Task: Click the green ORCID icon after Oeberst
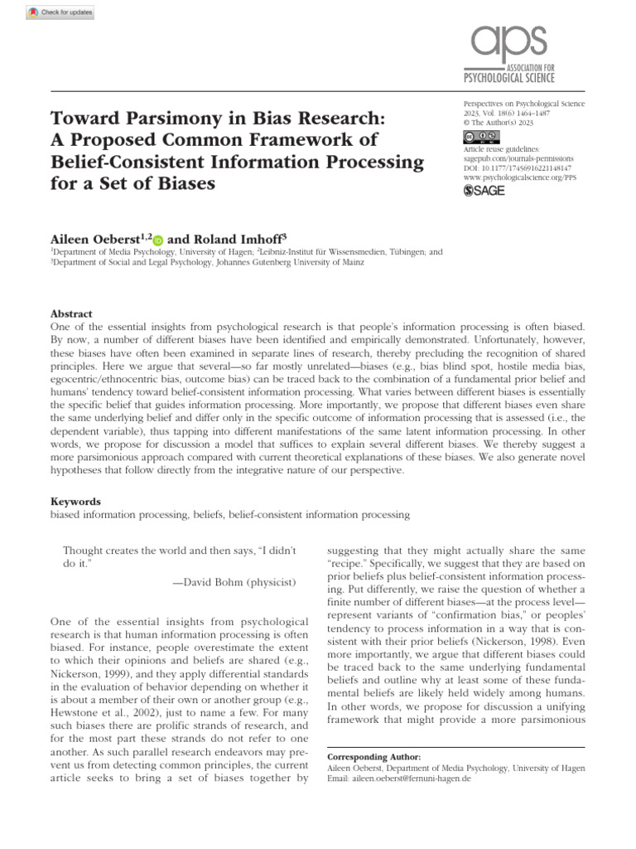[158, 237]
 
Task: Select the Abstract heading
[71, 314]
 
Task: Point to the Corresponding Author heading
[374, 757]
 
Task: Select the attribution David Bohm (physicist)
[234, 582]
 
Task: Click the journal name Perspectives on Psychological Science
[524, 104]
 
